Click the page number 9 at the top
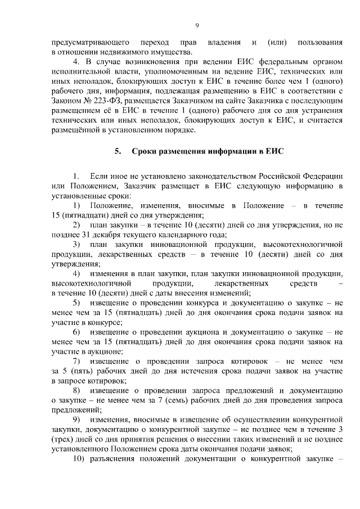tap(197, 25)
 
